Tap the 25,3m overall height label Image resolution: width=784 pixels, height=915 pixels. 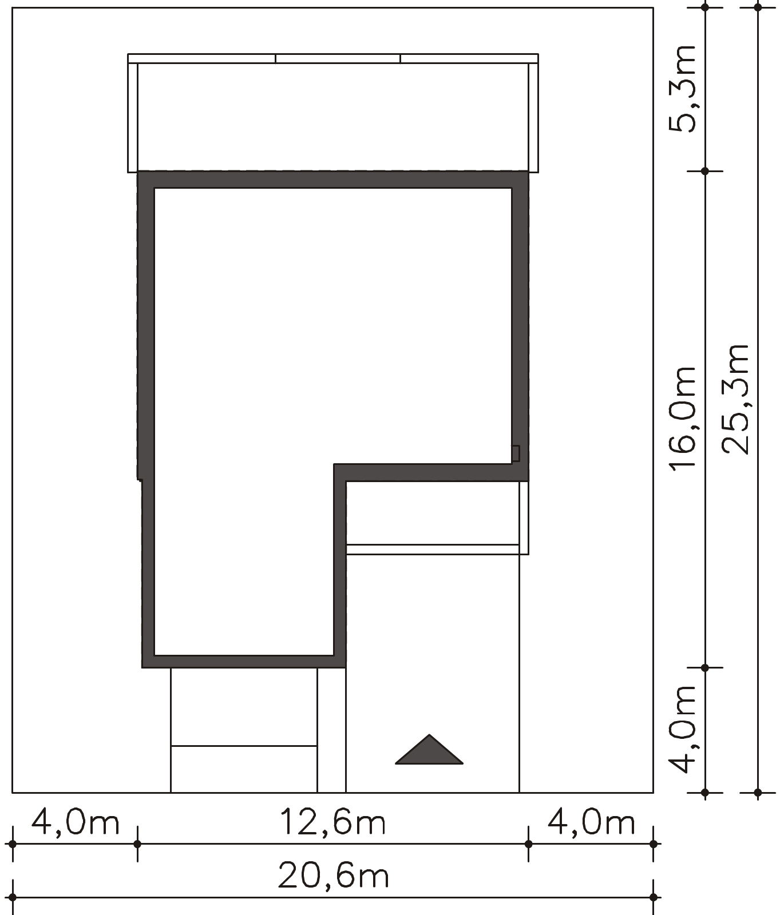coord(735,399)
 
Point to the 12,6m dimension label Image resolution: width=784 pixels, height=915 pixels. coord(332,822)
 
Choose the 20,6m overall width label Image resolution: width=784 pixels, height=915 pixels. coord(334,876)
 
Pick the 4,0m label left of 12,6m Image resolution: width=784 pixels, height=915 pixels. coord(75,822)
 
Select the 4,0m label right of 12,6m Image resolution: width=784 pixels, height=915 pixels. coord(591,822)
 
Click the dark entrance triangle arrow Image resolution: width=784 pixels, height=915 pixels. coord(429,750)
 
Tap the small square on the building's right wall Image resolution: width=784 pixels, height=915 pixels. coord(516,453)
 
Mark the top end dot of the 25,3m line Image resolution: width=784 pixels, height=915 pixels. coord(758,7)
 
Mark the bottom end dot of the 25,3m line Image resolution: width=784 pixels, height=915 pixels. coord(758,793)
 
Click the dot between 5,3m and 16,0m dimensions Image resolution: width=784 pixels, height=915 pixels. coord(705,171)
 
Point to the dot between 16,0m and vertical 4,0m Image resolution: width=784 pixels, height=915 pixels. coord(705,667)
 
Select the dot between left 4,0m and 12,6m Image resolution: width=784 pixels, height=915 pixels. coord(137,844)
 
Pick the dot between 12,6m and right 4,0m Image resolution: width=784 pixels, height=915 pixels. coord(528,844)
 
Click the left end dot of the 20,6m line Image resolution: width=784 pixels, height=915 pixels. coord(13,897)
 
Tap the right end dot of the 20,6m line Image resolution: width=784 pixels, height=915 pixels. coord(653,897)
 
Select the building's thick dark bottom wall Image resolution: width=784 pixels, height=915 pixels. coord(244,662)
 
